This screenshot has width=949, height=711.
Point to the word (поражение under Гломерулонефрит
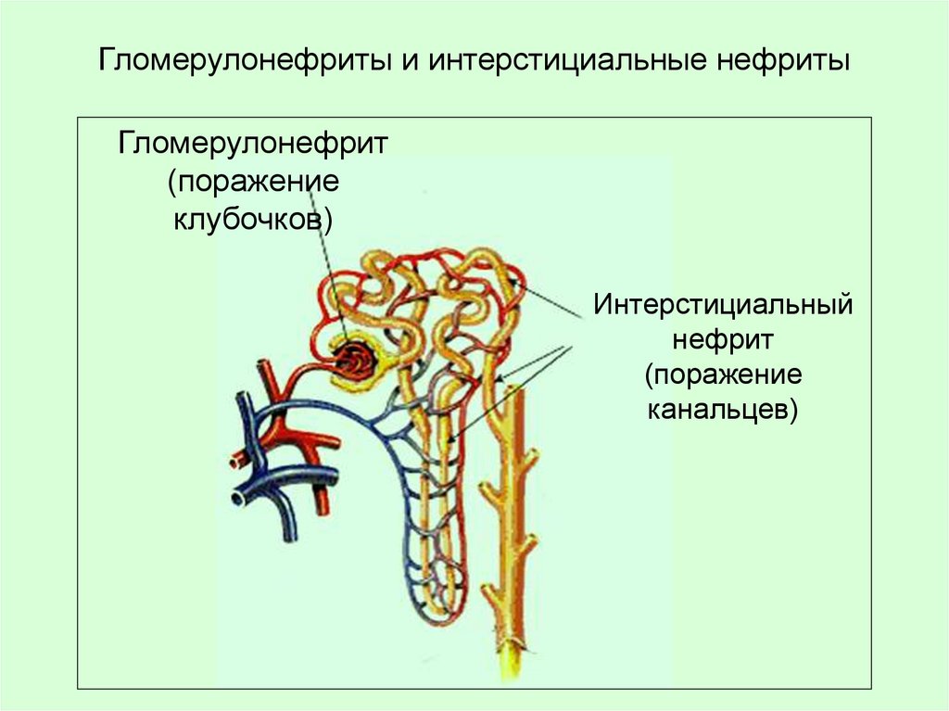coord(253,182)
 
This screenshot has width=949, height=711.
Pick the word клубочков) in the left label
coord(253,220)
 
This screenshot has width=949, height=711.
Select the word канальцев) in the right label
coord(723,409)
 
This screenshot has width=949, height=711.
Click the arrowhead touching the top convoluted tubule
coord(525,286)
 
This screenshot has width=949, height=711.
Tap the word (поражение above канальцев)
coord(723,375)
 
